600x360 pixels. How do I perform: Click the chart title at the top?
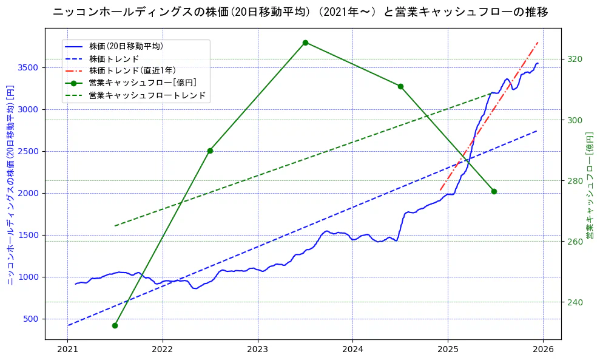pos(300,12)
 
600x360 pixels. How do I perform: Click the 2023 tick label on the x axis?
pos(257,350)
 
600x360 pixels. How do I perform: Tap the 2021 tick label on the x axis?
pos(67,350)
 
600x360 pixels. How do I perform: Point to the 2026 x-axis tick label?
pos(542,350)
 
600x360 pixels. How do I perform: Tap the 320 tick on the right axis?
pos(575,59)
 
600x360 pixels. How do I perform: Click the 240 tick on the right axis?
pos(575,302)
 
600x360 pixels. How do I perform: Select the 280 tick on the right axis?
pos(575,181)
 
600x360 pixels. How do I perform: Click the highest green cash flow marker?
pos(305,42)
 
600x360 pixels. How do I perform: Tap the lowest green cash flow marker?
pos(115,325)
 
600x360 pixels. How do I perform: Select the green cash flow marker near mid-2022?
pos(210,151)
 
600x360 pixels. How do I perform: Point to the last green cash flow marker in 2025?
pos(494,191)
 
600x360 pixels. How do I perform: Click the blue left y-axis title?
pos(10,185)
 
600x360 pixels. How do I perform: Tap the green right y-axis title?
pos(589,185)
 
